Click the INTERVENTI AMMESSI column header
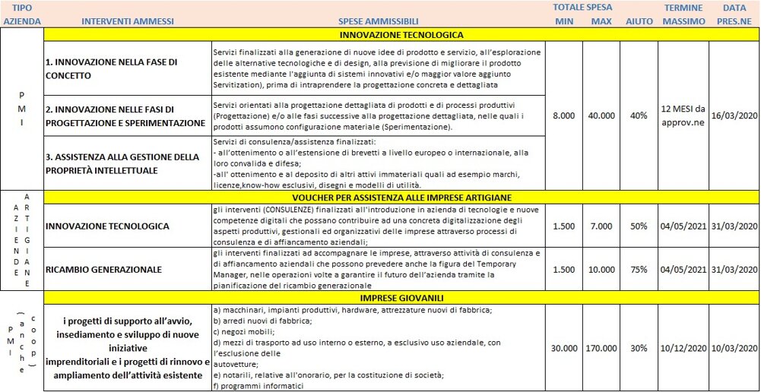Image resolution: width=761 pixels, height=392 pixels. [127, 21]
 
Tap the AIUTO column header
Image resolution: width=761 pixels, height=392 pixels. [639, 21]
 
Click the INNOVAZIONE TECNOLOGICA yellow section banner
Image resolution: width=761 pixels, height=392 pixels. [401, 34]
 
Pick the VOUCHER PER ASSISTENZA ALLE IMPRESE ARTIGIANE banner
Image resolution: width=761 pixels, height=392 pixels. [401, 197]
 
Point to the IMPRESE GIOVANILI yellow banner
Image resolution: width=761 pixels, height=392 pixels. [401, 297]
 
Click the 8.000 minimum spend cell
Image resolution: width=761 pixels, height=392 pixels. [563, 115]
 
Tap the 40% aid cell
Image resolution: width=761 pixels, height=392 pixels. [639, 115]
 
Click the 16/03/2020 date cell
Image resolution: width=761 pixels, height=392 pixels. [734, 115]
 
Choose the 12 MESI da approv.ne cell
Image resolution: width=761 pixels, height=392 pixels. [683, 115]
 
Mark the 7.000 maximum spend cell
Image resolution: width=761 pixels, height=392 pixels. [601, 226]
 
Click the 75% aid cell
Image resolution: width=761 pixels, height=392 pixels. [639, 269]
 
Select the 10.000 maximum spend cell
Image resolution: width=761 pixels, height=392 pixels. [601, 269]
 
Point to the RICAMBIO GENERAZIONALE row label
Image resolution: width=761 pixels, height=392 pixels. [103, 269]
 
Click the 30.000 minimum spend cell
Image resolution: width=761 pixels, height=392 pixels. [563, 348]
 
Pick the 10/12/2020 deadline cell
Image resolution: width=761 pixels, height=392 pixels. [683, 348]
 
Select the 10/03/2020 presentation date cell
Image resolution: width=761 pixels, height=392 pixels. [734, 348]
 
